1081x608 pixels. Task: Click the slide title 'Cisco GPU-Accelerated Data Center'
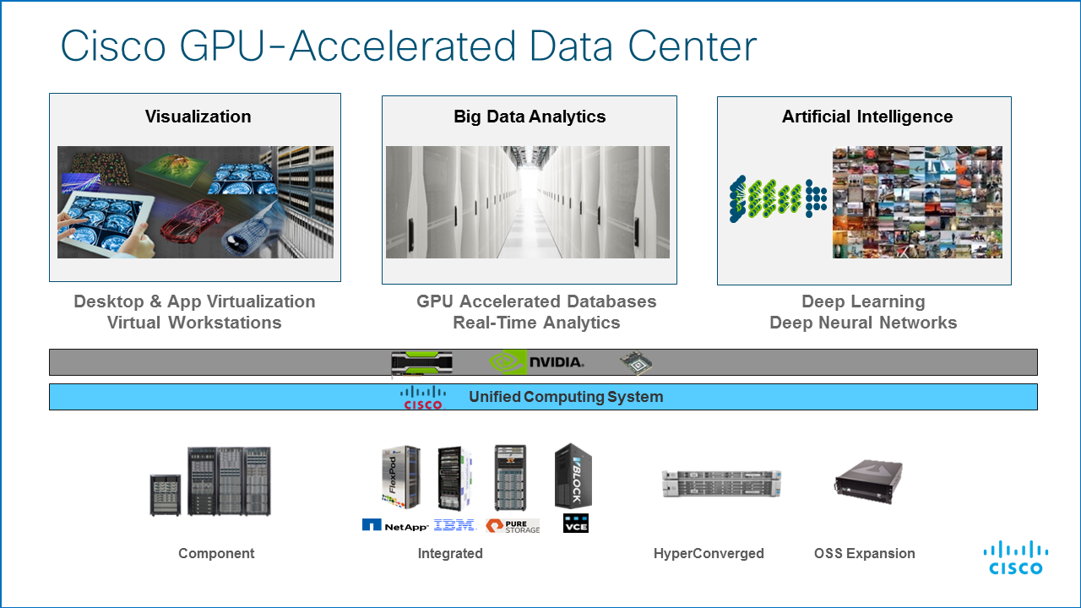click(408, 46)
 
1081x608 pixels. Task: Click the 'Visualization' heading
click(198, 117)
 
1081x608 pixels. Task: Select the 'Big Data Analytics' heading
click(530, 117)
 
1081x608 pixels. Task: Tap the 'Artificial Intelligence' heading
click(867, 117)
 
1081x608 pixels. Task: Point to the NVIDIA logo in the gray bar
click(537, 362)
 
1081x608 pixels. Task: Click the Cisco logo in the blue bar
click(423, 397)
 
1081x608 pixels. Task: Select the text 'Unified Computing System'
click(566, 397)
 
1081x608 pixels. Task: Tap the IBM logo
click(454, 525)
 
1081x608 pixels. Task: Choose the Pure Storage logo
click(513, 525)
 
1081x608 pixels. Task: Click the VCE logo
click(576, 524)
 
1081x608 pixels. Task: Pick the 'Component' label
click(216, 554)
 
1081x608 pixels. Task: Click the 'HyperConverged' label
click(709, 554)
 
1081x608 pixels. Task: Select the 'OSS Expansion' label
click(864, 554)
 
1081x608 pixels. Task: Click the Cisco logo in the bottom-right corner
click(1016, 558)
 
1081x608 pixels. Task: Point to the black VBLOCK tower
click(573, 475)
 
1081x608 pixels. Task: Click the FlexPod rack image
click(400, 478)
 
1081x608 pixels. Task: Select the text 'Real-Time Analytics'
click(536, 323)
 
